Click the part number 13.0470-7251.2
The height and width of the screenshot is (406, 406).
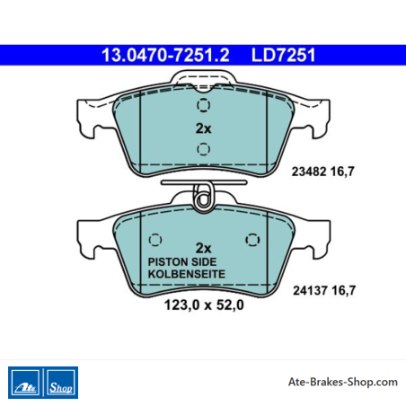click(x=165, y=55)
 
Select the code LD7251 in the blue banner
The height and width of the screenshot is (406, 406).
click(x=283, y=55)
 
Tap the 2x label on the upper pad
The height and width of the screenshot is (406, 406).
click(x=203, y=128)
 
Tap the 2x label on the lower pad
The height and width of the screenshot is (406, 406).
click(x=203, y=248)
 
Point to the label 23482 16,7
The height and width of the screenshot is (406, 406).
click(x=323, y=172)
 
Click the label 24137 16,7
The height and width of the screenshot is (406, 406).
click(x=324, y=290)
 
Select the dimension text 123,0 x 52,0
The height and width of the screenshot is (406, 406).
click(x=204, y=305)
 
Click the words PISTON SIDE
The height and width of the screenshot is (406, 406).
click(x=182, y=262)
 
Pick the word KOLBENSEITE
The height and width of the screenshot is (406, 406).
click(x=187, y=274)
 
